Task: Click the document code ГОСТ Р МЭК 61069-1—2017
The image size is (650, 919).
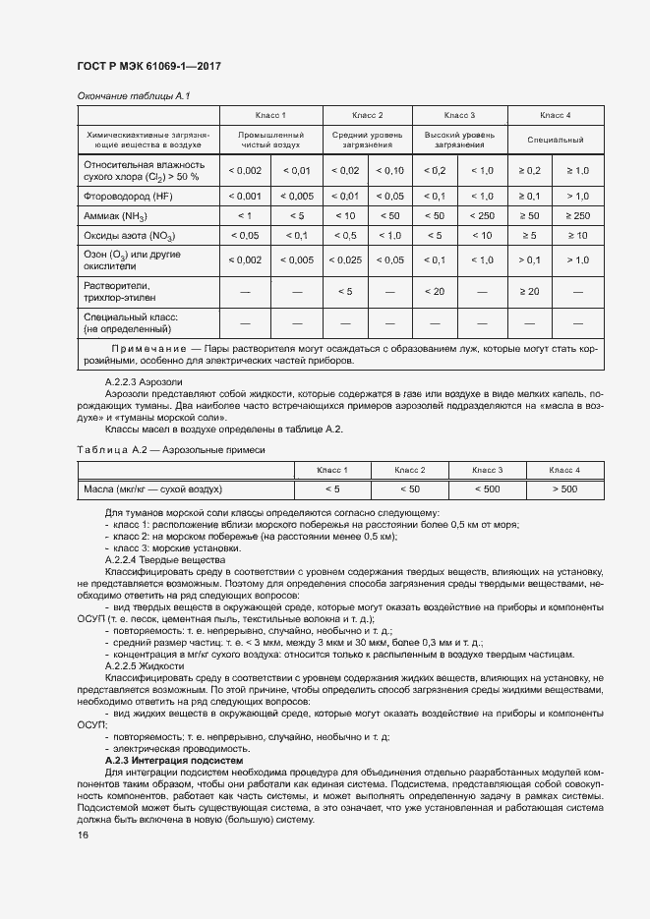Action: coord(148,66)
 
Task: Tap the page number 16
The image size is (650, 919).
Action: coord(83,834)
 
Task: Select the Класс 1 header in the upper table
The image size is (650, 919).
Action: coord(270,115)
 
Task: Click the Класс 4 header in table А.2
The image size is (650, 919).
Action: coord(564,469)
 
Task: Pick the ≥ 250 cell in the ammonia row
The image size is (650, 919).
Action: coord(577,215)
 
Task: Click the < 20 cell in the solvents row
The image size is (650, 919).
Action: coord(435,291)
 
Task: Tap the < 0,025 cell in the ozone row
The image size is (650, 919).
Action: coord(345,259)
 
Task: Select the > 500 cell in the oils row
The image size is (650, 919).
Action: coord(564,488)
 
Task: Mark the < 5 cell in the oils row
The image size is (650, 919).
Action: coord(332,488)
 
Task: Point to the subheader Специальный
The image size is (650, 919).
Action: coord(556,140)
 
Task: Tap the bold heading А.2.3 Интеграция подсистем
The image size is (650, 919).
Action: coord(173,761)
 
